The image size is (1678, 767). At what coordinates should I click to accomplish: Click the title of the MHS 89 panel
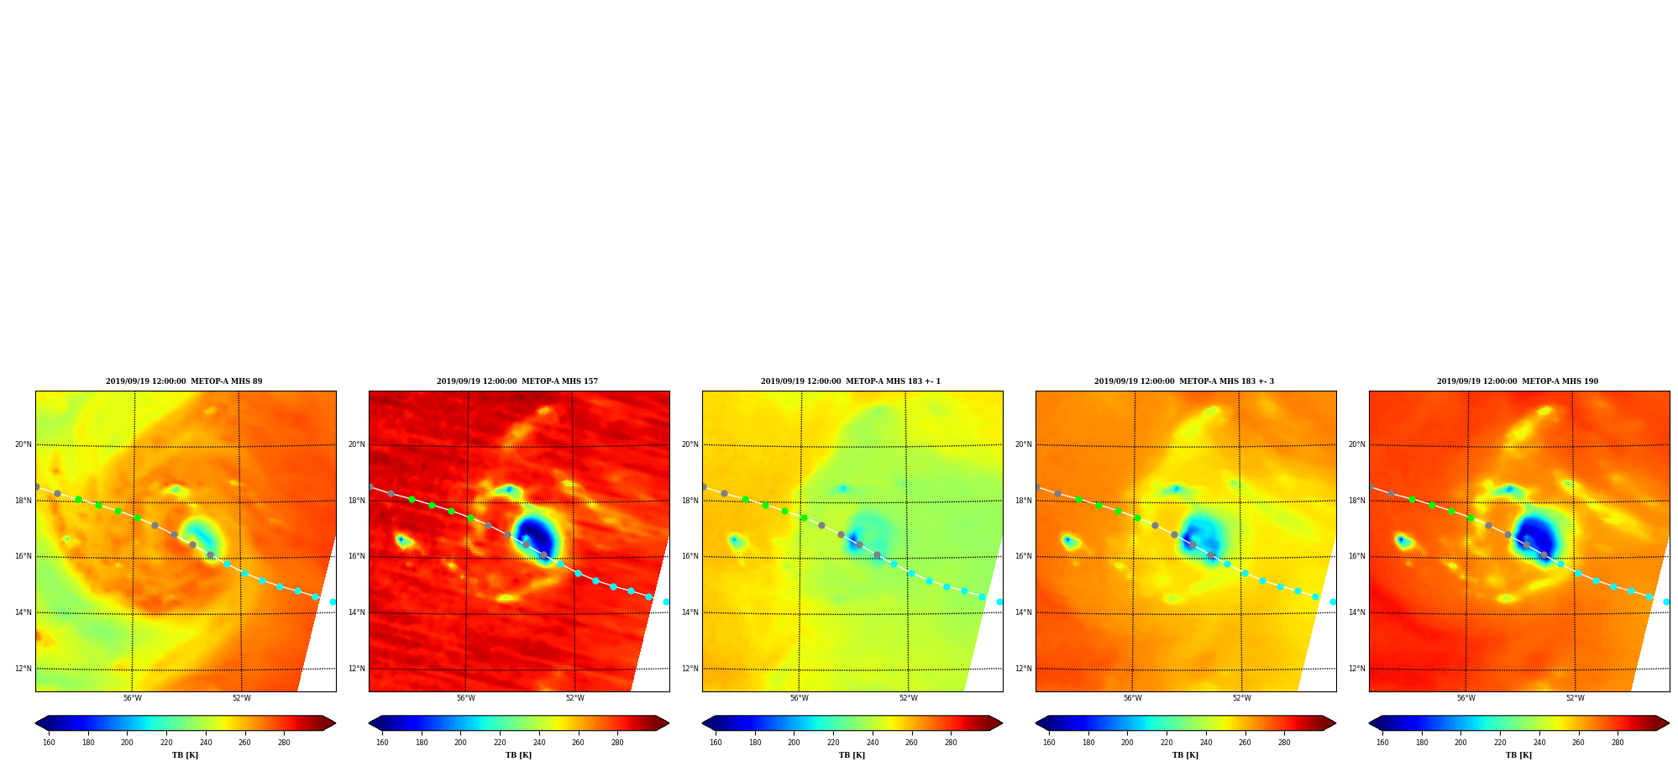pos(184,381)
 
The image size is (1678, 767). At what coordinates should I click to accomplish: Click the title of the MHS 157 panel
pos(517,381)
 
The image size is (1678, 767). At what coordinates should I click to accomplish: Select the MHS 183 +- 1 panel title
pos(851,381)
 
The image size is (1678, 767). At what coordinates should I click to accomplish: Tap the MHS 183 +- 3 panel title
pos(1184,381)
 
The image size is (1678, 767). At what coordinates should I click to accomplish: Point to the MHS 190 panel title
pos(1518,381)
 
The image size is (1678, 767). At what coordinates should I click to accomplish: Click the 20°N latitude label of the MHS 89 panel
pos(24,444)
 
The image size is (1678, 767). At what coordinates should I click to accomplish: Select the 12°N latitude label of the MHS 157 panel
pos(357,669)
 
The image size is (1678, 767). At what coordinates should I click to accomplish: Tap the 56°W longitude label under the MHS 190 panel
pos(1466,698)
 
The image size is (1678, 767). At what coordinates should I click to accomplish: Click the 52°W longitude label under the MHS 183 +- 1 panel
pos(909,698)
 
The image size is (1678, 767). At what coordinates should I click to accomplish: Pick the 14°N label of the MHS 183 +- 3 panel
pos(1024,612)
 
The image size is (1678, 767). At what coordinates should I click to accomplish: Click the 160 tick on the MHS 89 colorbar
pos(49,743)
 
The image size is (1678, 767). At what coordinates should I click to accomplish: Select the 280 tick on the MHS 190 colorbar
pos(1618,743)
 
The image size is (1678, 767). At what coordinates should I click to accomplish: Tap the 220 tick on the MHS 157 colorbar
pos(500,743)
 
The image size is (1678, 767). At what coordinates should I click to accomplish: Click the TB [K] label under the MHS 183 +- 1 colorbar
pos(852,755)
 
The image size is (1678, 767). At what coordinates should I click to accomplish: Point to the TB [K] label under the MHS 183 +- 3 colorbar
pos(1185,755)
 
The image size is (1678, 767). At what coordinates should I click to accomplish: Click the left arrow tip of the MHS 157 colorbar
pos(369,723)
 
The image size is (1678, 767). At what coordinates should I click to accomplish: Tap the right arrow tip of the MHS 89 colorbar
pos(336,723)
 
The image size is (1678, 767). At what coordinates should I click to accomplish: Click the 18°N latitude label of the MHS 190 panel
pos(1357,501)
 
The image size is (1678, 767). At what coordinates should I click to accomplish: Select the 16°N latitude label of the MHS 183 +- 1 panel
pos(690,556)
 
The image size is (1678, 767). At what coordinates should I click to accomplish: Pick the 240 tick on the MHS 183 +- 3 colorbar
pos(1206,743)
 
